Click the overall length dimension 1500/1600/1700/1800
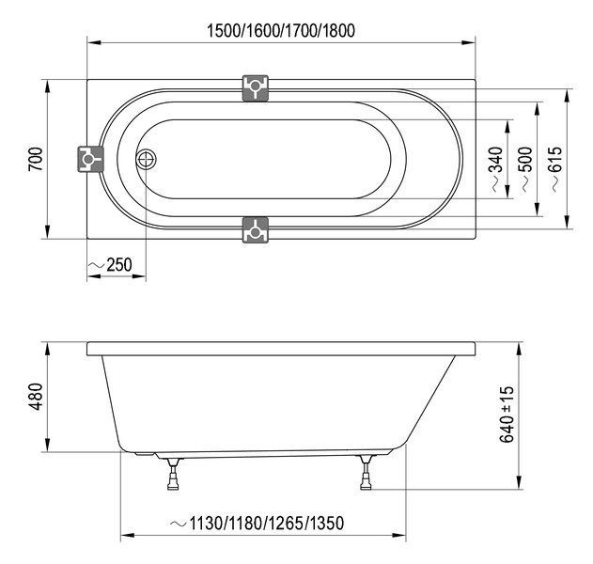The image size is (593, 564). pos(281,31)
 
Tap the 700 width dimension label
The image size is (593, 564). pos(36,159)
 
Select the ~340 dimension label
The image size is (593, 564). pos(496,169)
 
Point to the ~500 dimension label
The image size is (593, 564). pos(525,169)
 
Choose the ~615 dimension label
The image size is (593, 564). pos(555,169)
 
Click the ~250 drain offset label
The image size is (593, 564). pos(111,264)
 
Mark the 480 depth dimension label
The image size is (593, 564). pos(37,397)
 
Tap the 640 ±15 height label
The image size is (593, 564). pos(507,414)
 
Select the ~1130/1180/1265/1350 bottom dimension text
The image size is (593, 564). pos(257,524)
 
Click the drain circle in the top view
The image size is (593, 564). pos(146,160)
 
